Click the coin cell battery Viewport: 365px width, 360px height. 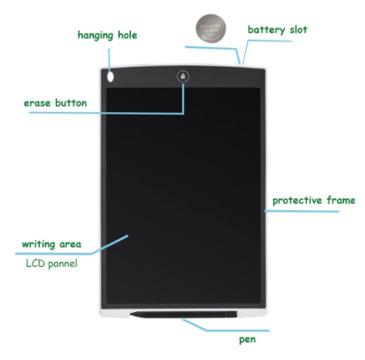click(211, 29)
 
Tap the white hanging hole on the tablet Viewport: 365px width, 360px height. click(111, 77)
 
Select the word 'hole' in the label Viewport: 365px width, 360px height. click(127, 35)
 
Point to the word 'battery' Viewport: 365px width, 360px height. click(266, 30)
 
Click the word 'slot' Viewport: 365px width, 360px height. click(298, 29)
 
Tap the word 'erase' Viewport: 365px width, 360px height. click(37, 103)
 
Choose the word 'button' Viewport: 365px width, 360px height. click(71, 102)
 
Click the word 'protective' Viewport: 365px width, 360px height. click(297, 200)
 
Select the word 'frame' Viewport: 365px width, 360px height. click(341, 200)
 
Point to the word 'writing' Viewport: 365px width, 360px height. click(38, 244)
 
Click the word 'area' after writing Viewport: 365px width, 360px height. click(70, 244)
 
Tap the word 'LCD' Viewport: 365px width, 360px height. click(35, 264)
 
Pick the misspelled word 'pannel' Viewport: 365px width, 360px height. click(62, 264)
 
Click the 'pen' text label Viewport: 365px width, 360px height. click(248, 340)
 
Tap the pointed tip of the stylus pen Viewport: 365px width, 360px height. click(131, 314)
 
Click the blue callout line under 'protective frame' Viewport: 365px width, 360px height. click(302, 211)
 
